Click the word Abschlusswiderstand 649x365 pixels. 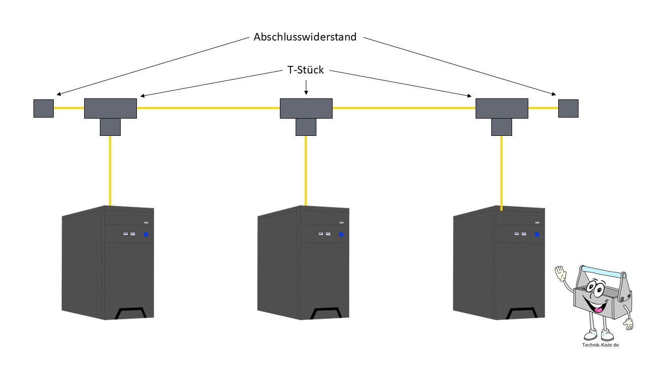coord(305,37)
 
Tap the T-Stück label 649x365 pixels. coord(306,70)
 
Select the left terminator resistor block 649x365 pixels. coord(44,108)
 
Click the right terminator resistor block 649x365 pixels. coord(568,108)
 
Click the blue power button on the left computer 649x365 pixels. coord(146,234)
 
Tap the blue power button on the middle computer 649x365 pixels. coord(341,234)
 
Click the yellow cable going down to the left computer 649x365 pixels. coord(110,170)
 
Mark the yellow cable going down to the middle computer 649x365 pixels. coord(305,170)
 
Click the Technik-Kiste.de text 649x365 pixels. coord(601,345)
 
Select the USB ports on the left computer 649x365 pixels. coord(129,234)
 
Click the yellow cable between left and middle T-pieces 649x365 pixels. coord(208,108)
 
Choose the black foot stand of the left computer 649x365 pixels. coord(129,313)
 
